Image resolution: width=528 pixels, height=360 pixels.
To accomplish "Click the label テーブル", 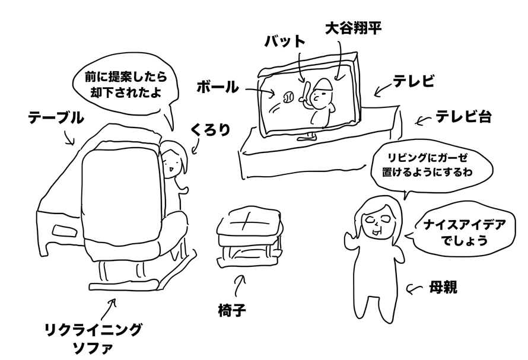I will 56,119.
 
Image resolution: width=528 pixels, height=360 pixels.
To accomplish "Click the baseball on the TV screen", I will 290,95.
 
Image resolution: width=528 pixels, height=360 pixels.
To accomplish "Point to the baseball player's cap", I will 323,84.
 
